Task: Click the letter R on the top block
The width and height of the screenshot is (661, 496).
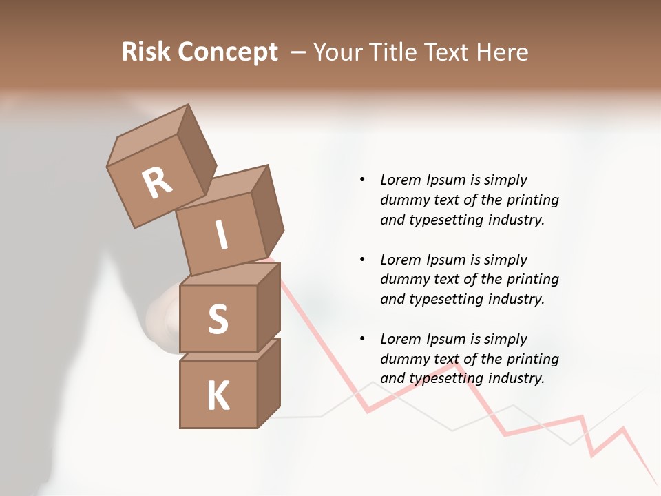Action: (157, 183)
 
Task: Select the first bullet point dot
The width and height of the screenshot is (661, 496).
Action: (361, 180)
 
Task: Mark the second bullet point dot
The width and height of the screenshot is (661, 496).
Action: (361, 260)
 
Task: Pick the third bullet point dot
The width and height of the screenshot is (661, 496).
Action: (361, 339)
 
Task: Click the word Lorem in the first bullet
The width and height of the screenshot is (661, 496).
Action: (399, 180)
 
